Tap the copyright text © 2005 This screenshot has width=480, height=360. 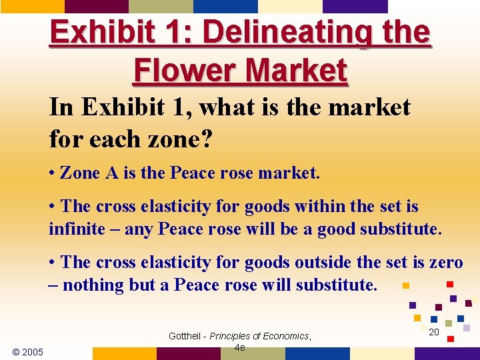(x=27, y=351)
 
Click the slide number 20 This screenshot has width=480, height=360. (x=433, y=331)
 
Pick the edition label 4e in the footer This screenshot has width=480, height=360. (x=240, y=347)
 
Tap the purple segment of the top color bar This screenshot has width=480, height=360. (x=355, y=6)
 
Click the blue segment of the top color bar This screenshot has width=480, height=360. (x=225, y=6)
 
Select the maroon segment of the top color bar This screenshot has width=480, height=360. (x=97, y=6)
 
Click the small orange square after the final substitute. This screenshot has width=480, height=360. (x=405, y=286)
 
